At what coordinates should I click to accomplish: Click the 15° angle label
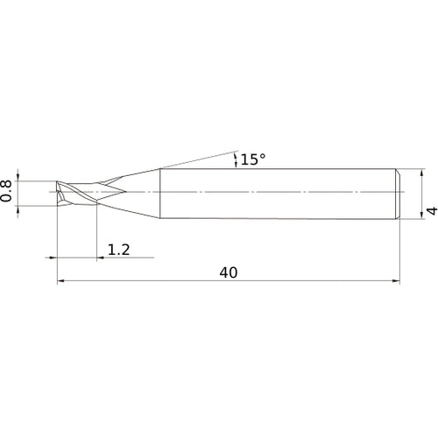click(253, 159)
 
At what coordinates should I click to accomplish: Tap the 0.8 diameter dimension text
click(6, 191)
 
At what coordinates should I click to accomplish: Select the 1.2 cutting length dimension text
click(119, 250)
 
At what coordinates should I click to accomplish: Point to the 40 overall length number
click(229, 272)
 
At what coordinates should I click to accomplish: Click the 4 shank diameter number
click(433, 210)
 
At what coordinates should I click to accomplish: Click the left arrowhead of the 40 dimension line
click(60, 281)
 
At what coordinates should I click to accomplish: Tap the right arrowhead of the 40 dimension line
click(396, 281)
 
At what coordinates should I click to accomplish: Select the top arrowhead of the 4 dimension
click(421, 173)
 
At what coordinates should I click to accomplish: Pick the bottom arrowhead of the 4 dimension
click(421, 215)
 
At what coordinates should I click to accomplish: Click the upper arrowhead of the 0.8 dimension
click(18, 178)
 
